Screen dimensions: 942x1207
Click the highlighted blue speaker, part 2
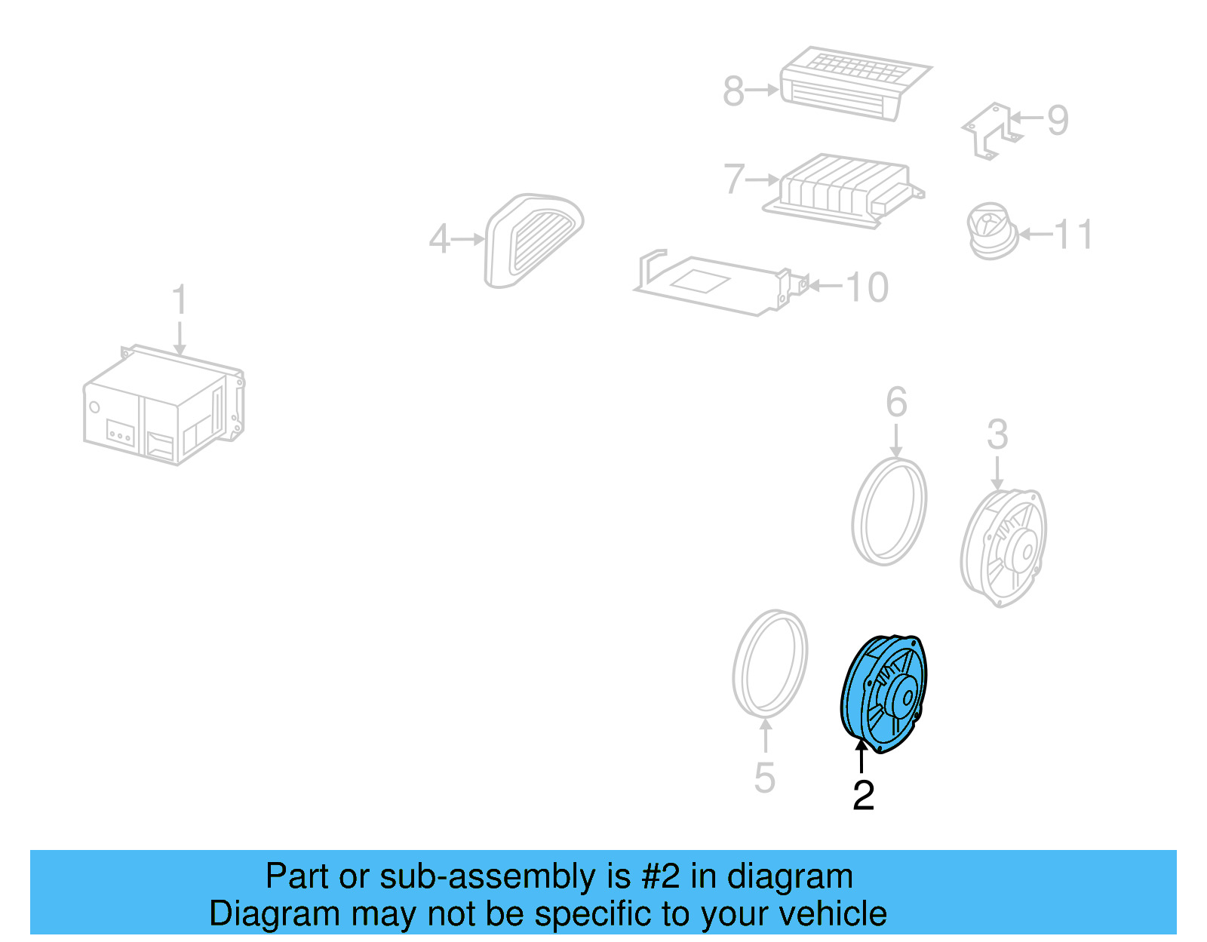point(884,692)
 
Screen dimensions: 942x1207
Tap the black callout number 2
point(863,796)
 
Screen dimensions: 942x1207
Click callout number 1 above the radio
point(180,299)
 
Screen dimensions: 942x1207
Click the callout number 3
point(997,435)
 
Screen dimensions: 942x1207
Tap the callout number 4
point(439,240)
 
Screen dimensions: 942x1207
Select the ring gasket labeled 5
point(770,663)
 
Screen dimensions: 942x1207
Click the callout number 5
point(764,778)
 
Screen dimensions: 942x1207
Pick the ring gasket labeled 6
point(889,511)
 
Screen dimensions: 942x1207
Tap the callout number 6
point(896,402)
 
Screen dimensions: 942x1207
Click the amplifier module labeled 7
point(841,190)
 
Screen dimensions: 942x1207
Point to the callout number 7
point(733,180)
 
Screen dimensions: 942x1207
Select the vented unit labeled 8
point(852,81)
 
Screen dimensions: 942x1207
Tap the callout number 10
point(867,287)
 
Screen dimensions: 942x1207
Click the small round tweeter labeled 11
point(990,231)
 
